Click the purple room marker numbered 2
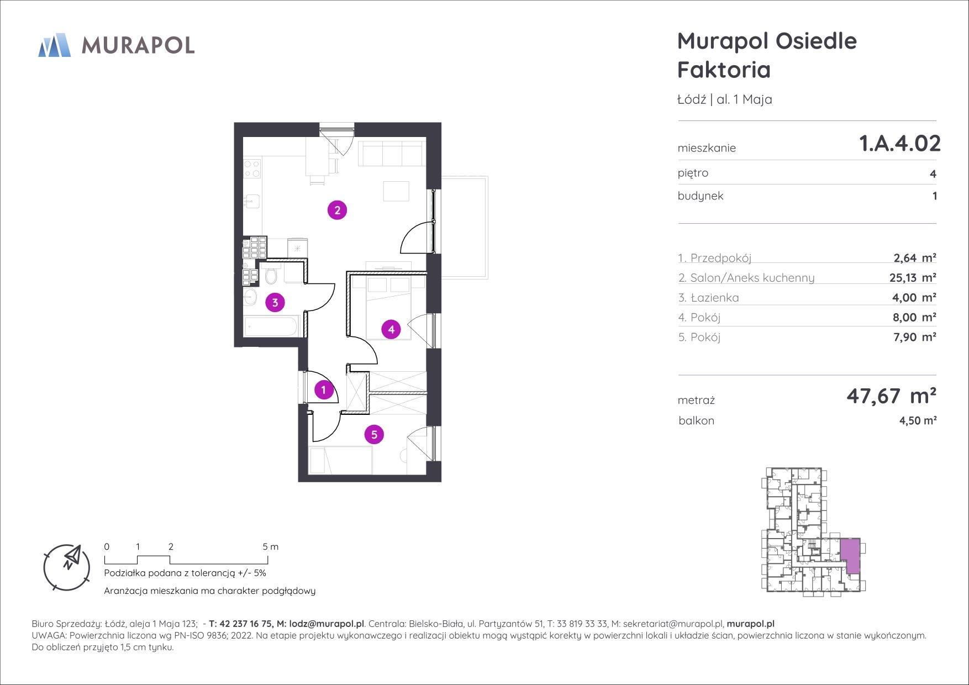click(337, 210)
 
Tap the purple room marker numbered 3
click(275, 302)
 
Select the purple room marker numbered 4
click(391, 330)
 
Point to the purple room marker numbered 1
click(324, 390)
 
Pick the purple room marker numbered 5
click(374, 435)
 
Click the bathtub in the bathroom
click(272, 325)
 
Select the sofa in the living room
click(392, 153)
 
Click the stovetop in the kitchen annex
click(252, 168)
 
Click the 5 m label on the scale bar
click(271, 547)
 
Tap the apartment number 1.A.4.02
click(900, 143)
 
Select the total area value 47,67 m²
click(891, 396)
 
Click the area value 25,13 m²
click(913, 277)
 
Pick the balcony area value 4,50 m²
click(918, 420)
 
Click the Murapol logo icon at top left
click(54, 45)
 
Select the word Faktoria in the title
click(724, 70)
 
